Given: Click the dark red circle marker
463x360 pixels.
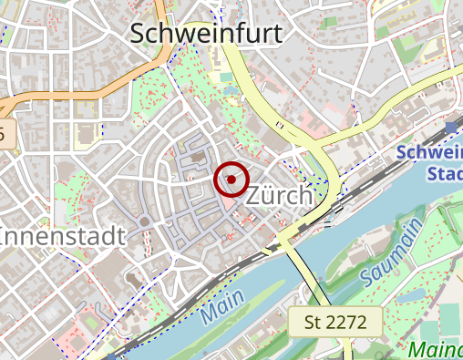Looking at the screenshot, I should coord(231,180).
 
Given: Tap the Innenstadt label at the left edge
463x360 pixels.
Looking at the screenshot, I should coord(62,236).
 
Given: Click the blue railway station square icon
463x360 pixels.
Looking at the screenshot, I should coord(452,128).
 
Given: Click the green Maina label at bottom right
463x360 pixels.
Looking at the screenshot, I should coord(435,349).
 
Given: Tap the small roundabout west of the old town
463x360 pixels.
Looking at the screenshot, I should coord(144,221).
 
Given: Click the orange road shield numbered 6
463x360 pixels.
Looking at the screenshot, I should coord(5,135).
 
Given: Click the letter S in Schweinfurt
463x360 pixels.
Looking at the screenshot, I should coord(140,34).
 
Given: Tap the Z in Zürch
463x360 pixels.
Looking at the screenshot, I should coord(255,196).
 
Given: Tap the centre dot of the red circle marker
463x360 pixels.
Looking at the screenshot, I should coord(231,180).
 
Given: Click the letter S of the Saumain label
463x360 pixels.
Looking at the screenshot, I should coord(370,274).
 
